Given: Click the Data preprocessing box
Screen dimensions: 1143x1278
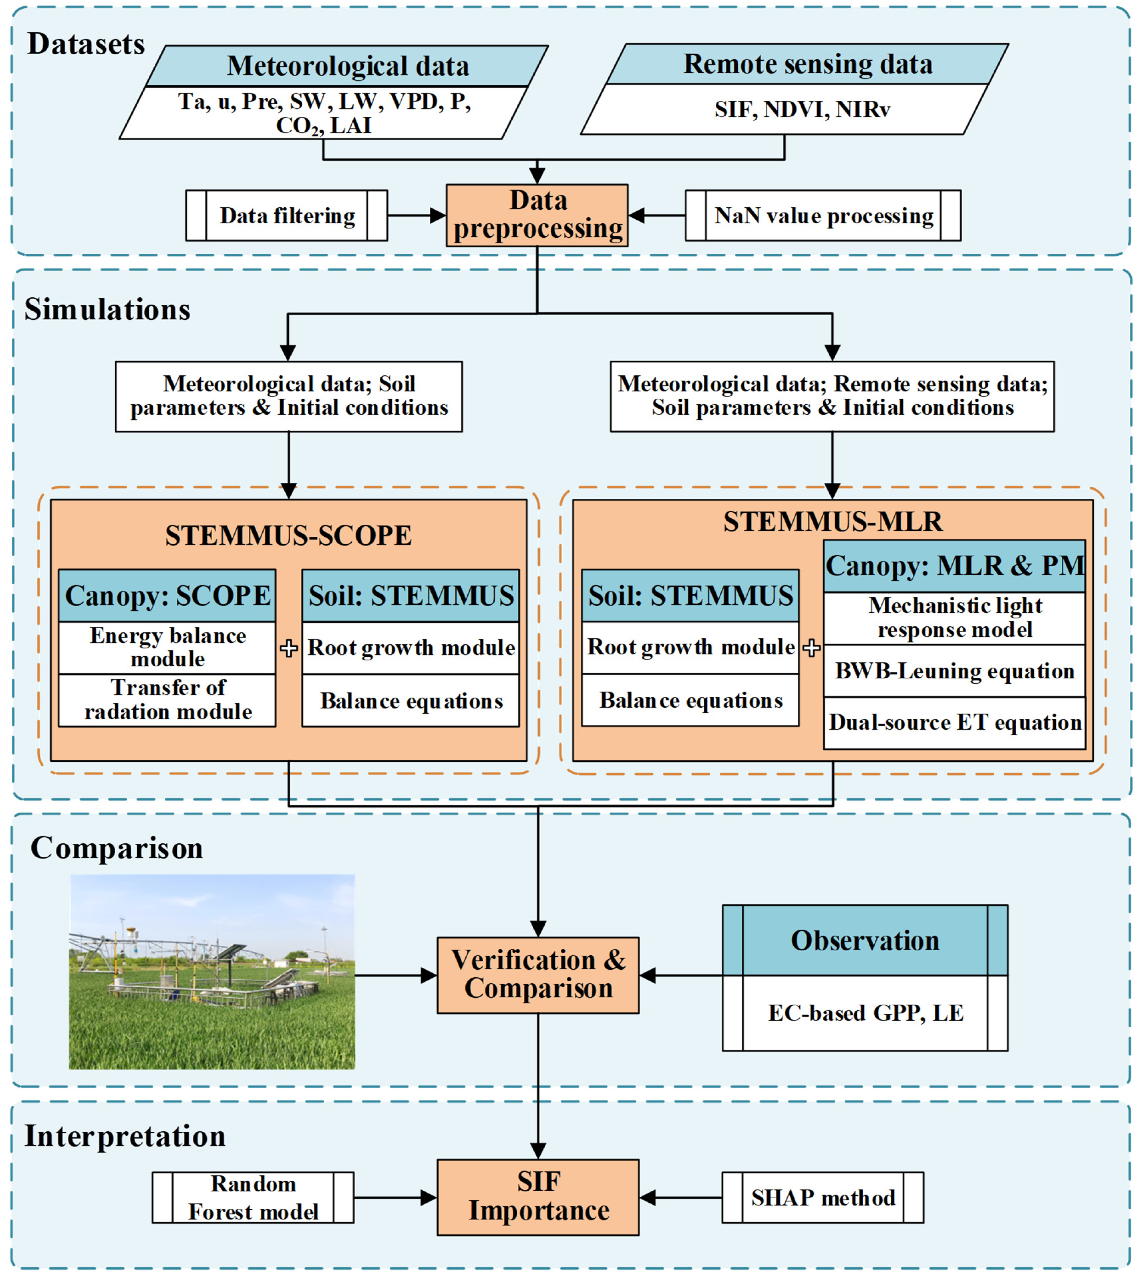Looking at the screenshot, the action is click(x=537, y=215).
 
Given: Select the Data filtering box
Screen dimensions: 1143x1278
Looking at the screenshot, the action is click(x=286, y=215).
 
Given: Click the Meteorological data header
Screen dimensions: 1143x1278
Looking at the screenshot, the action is click(x=347, y=65).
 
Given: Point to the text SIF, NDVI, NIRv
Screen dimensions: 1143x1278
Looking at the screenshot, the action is click(x=802, y=109).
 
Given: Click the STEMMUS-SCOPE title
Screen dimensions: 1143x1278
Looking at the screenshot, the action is click(x=288, y=535).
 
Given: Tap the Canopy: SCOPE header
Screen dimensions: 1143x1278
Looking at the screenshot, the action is click(x=167, y=595).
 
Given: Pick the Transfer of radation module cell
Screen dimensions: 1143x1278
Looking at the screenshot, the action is click(x=167, y=700).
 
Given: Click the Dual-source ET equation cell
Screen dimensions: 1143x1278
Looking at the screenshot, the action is click(x=955, y=722).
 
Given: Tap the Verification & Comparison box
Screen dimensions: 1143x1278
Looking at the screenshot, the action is click(x=538, y=975).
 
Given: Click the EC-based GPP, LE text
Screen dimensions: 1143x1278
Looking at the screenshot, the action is click(x=866, y=1013).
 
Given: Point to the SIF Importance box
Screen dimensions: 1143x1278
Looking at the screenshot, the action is click(x=538, y=1197).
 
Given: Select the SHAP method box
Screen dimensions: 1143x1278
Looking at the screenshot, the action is click(x=823, y=1197).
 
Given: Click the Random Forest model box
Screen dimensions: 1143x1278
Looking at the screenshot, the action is click(x=253, y=1197).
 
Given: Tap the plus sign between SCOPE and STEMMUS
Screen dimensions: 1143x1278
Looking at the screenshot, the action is click(x=289, y=648).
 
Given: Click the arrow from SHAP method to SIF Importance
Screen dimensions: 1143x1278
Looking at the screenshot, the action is click(x=681, y=1197).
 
